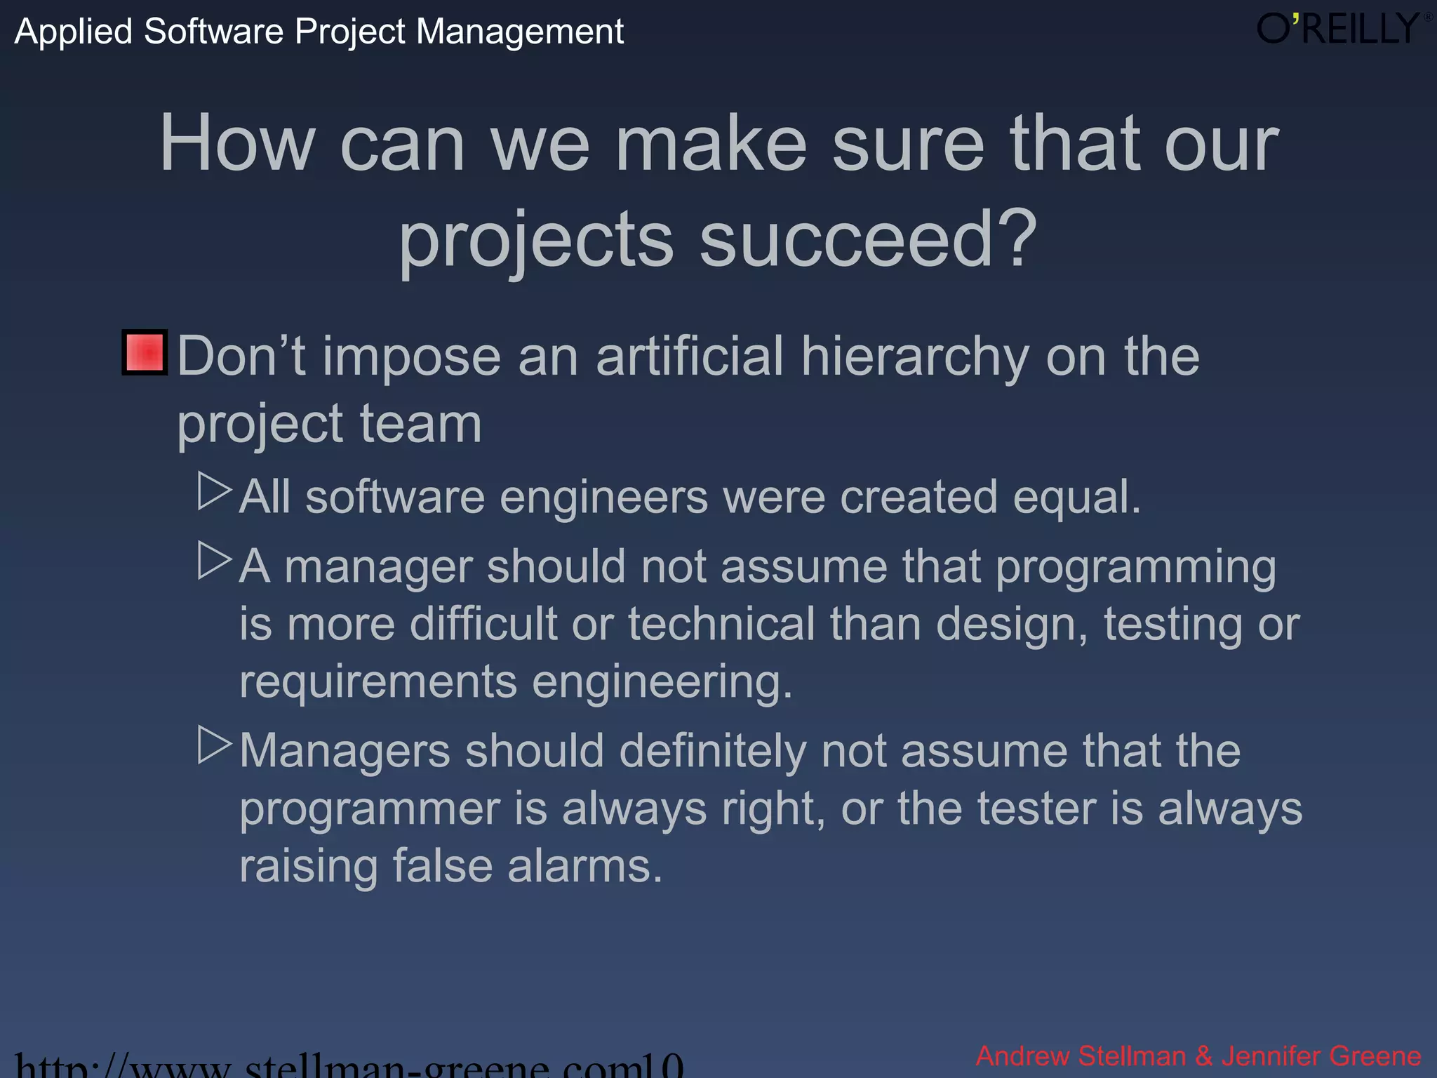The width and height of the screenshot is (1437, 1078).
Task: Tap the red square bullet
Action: tap(145, 352)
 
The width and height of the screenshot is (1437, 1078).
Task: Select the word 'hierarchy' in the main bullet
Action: tap(915, 358)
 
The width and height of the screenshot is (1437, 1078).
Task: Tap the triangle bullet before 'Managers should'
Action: tap(214, 745)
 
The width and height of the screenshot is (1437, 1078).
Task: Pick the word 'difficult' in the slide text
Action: tap(483, 624)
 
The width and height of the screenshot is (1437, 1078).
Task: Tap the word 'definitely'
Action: tap(711, 752)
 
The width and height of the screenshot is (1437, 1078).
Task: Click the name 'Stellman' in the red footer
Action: tap(1131, 1056)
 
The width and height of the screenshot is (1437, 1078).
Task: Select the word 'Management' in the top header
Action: tap(519, 32)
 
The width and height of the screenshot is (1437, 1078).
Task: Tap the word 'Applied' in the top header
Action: tap(74, 32)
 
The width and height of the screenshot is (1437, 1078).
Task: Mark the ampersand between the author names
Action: tap(1203, 1056)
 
